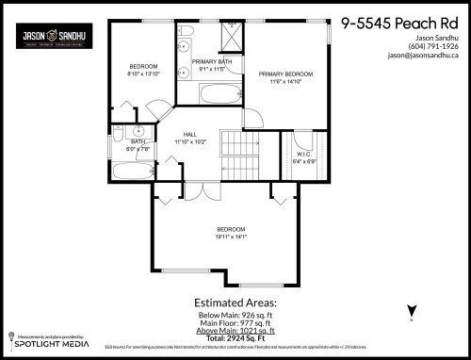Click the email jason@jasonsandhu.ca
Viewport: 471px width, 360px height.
pyautogui.click(x=423, y=56)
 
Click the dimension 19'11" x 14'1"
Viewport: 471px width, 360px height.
pyautogui.click(x=232, y=237)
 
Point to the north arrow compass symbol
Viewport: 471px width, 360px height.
pyautogui.click(x=411, y=311)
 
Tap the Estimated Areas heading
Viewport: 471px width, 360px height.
pyautogui.click(x=235, y=303)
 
